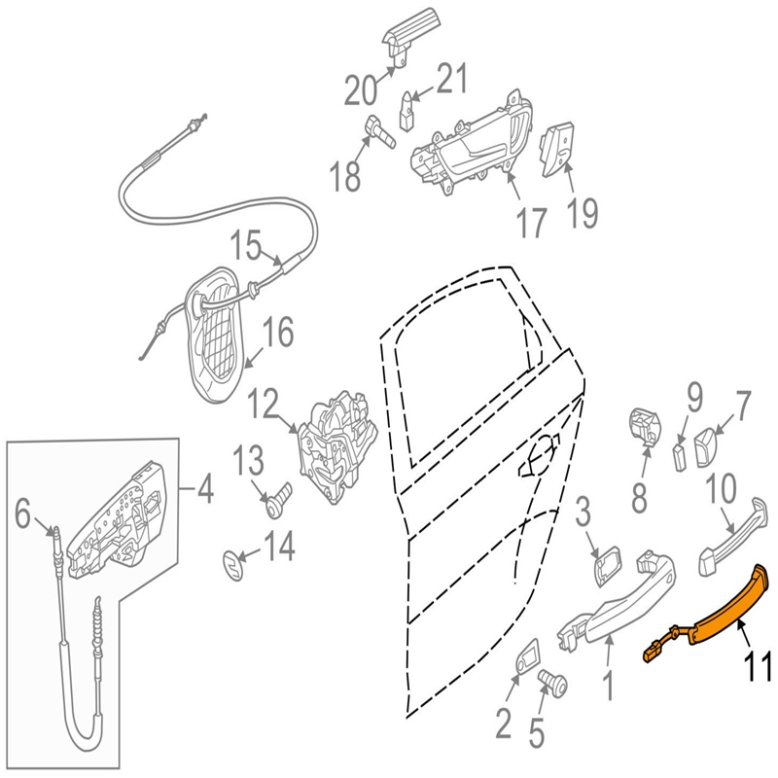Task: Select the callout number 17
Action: (531, 223)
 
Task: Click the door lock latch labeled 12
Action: (336, 447)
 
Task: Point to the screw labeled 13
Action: (279, 500)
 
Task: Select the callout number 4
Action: (204, 489)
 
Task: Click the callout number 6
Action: (22, 514)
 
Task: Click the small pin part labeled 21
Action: (407, 111)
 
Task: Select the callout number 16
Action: (278, 333)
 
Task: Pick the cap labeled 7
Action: (707, 448)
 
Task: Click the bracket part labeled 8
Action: (645, 426)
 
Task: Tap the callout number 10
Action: (722, 489)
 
